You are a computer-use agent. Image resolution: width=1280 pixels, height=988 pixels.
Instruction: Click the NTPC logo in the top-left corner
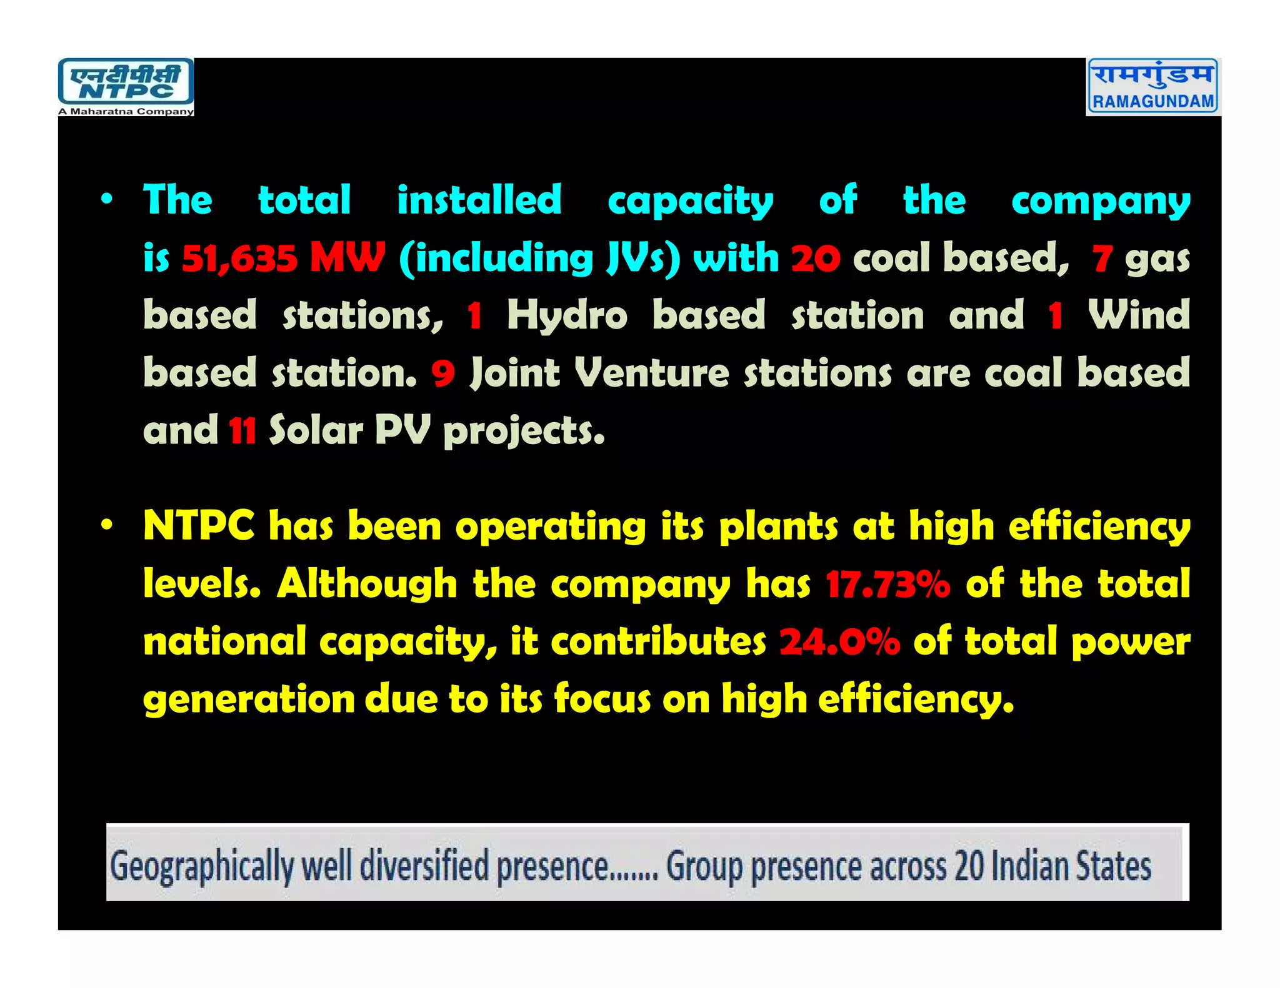tap(126, 87)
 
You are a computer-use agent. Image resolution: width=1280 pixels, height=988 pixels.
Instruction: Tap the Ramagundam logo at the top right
tap(1153, 86)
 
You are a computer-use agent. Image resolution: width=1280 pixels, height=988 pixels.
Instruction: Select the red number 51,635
tap(239, 258)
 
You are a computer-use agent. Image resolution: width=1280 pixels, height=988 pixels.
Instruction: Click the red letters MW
tap(347, 257)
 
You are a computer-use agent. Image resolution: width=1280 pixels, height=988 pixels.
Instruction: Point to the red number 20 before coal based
tap(816, 258)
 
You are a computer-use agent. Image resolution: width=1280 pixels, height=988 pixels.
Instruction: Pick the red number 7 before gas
tap(1102, 258)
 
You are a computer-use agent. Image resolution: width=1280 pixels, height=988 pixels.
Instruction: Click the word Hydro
tap(567, 315)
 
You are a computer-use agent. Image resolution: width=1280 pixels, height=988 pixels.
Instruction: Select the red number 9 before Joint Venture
tap(443, 373)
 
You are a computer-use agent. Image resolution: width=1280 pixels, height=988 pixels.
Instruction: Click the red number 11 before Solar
tap(242, 431)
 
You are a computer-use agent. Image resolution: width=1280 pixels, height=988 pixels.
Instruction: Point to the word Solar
tap(316, 431)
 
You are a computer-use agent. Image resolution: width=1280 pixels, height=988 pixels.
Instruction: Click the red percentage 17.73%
tap(887, 585)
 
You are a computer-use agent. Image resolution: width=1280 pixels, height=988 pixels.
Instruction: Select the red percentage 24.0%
tap(839, 642)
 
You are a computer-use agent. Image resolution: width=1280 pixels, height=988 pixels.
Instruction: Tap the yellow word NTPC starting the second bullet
tap(199, 526)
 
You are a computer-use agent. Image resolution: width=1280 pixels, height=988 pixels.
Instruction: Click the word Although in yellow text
tap(367, 585)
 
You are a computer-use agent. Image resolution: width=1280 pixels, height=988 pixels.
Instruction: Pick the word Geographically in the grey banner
tap(201, 867)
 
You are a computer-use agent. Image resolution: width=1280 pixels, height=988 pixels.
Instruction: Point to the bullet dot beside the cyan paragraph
tap(107, 199)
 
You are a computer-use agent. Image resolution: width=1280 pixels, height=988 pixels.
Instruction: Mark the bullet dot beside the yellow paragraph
tap(107, 526)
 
